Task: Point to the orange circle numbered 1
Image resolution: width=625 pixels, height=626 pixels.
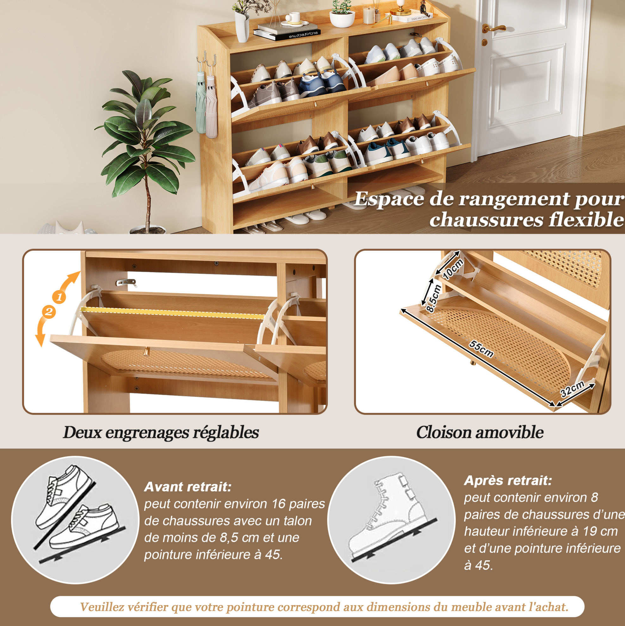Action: tap(59, 297)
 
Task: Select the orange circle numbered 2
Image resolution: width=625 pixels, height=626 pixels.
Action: tap(49, 312)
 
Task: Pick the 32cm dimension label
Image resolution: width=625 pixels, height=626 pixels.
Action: tap(572, 388)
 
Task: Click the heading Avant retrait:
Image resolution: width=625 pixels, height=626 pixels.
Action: tap(188, 487)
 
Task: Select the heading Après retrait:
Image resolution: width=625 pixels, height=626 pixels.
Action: tap(508, 480)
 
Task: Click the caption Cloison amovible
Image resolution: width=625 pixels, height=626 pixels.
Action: tap(480, 432)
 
